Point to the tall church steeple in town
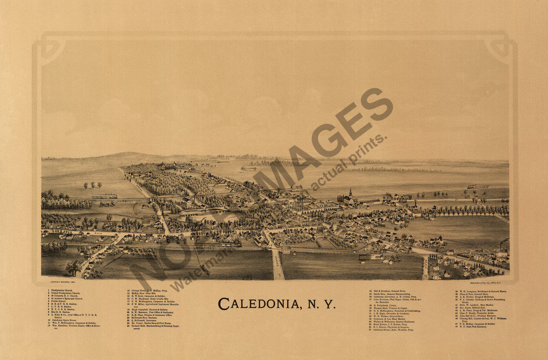[351, 193]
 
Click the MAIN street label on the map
[99, 232]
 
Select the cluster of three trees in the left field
[92, 185]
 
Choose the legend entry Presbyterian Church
[65, 290]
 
